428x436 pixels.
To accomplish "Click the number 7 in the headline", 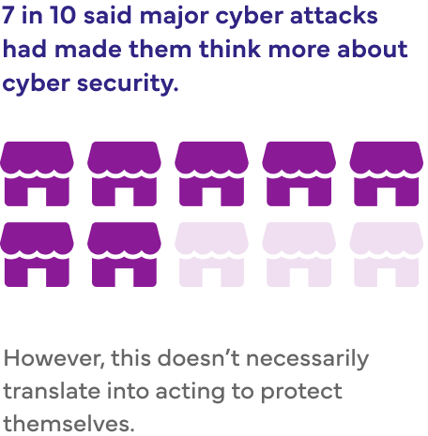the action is [8, 15].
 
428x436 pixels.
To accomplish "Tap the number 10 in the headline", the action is [62, 15].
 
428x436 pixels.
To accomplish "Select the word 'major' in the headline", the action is [174, 17].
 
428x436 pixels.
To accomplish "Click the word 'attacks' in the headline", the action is [334, 16].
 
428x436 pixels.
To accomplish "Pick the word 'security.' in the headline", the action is [128, 83].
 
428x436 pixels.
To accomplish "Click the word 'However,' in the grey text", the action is [53, 358].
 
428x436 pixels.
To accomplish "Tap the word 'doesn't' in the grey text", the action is [198, 358].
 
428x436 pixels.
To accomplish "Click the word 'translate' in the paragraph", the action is [52, 391].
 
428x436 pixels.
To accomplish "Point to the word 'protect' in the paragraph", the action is [301, 392].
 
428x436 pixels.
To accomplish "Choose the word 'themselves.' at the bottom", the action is [69, 424].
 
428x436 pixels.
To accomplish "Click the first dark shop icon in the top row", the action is [37, 173].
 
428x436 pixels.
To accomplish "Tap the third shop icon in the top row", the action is [211, 173].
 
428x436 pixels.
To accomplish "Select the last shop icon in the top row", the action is [387, 173].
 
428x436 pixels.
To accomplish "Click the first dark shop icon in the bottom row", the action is [37, 254].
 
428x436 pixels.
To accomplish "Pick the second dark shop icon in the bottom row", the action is [124, 254].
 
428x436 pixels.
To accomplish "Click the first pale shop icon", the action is [211, 254].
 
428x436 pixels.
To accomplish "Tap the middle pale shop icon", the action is [299, 254].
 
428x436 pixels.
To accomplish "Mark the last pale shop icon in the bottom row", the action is [387, 254].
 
